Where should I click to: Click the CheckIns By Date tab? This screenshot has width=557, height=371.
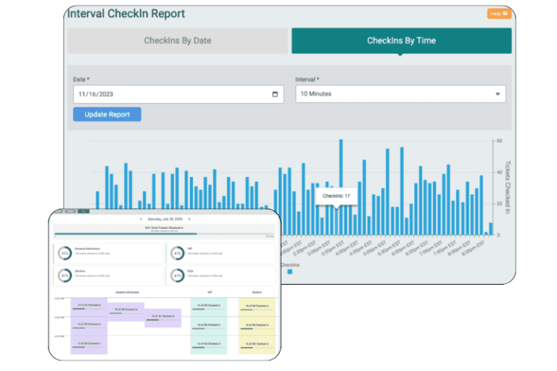tap(178, 41)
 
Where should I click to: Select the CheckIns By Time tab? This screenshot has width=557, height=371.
tap(401, 41)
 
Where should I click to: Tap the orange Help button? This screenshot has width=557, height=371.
tap(499, 13)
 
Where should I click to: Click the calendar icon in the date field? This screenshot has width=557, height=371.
tap(275, 94)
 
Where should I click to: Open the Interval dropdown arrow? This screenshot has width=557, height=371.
tap(498, 94)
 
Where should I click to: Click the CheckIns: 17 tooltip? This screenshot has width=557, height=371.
tap(337, 196)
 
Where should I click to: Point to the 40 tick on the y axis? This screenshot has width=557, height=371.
tap(499, 172)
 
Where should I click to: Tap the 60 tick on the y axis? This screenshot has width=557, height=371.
tap(499, 141)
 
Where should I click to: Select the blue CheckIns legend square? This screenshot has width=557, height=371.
tap(290, 272)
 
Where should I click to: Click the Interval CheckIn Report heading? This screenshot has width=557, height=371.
tap(126, 14)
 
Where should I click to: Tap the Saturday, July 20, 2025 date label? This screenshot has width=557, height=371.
tap(164, 218)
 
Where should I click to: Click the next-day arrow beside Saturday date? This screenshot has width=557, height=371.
tap(189, 218)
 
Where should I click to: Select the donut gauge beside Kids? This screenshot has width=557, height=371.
tap(177, 275)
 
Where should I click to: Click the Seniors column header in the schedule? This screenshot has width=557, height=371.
tap(257, 293)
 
